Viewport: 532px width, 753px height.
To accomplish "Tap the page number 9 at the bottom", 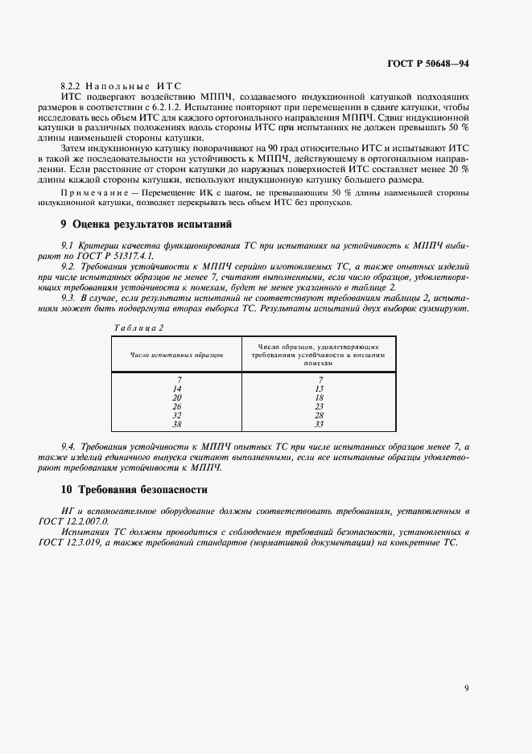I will pos(467,688).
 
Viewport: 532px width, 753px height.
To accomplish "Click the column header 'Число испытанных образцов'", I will pos(176,354).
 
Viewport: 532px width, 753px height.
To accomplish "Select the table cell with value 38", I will pos(177,424).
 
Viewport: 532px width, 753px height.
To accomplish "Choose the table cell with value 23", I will pos(320,406).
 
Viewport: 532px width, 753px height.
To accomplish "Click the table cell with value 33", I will pos(320,424).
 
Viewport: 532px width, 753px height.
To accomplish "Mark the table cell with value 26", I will pos(177,406).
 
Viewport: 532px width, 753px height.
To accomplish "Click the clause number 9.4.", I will pos(68,446).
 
